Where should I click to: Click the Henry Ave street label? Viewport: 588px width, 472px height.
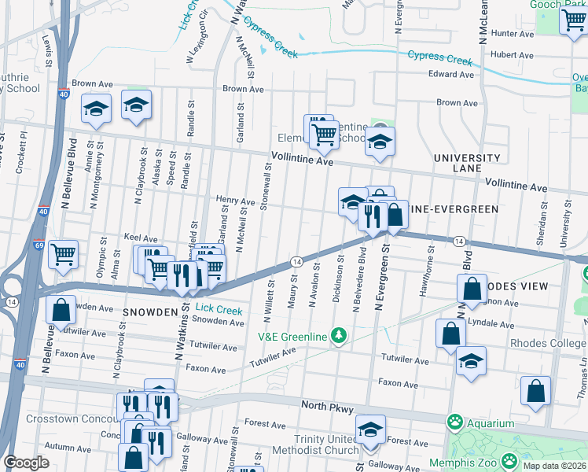coord(236,202)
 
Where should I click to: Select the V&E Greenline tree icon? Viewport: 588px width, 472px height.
coord(339,337)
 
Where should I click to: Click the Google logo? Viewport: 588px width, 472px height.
coord(27,463)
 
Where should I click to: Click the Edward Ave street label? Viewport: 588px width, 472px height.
coord(451,75)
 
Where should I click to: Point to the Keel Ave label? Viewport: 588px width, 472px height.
coord(141,238)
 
